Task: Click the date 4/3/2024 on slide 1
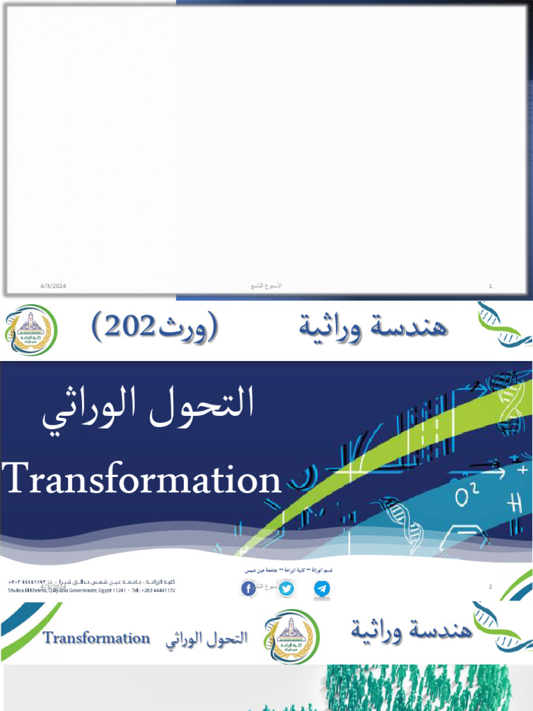coord(53,286)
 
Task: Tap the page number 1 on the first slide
coord(491,286)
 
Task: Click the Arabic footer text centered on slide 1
coord(265,286)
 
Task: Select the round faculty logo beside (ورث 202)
coord(31,330)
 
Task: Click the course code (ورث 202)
coord(155,326)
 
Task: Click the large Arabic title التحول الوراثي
coord(148,410)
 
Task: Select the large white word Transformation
coord(142,479)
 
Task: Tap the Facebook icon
coord(248,589)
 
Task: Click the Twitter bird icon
coord(285,589)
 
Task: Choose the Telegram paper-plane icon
coord(321,589)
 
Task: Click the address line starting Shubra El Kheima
coord(92,591)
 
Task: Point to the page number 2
coord(490,587)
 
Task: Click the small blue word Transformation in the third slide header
coord(96,638)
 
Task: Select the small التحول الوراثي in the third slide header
coord(207,639)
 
